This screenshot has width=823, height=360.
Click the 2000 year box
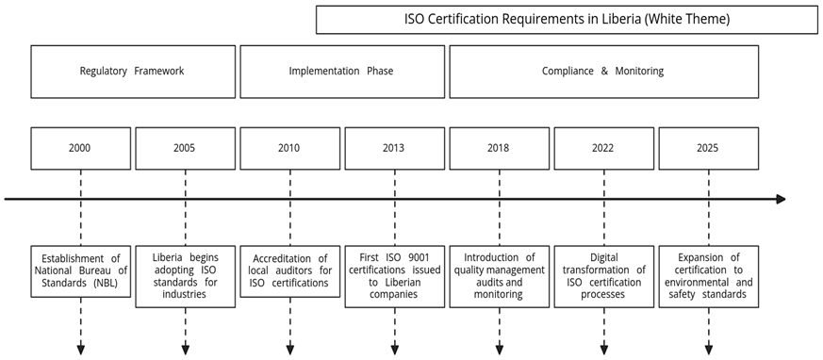[81, 148]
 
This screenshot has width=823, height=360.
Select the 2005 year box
[186, 148]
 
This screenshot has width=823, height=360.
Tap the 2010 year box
[290, 148]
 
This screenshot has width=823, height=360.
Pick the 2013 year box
[394, 148]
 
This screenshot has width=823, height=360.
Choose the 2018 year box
[499, 148]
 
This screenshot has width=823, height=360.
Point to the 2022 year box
[603, 148]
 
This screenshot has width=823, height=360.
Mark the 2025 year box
[708, 148]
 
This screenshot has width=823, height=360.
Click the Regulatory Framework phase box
[133, 71]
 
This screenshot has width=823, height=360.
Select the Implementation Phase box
[342, 71]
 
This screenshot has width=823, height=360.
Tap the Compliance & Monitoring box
[603, 71]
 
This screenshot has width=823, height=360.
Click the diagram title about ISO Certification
[567, 19]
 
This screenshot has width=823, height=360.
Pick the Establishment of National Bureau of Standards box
[81, 271]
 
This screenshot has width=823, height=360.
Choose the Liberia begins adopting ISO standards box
[186, 276]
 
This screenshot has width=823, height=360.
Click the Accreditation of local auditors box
[290, 271]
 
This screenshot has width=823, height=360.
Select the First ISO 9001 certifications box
[394, 276]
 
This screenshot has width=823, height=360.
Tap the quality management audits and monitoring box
[499, 276]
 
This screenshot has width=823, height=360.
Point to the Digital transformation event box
[603, 276]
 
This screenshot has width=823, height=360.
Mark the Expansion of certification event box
[708, 276]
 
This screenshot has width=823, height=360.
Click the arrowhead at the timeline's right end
[781, 199]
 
